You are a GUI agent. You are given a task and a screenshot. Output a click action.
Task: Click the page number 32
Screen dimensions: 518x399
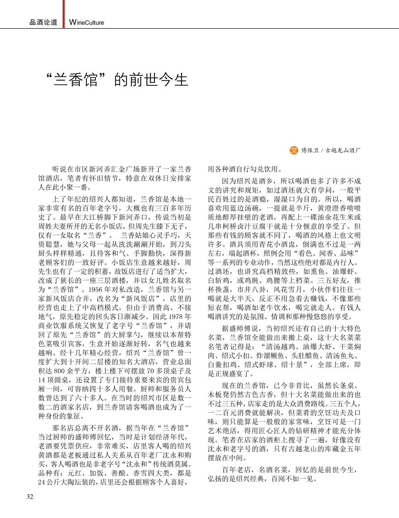click(30, 496)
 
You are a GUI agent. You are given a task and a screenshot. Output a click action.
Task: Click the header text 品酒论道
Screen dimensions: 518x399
click(43, 22)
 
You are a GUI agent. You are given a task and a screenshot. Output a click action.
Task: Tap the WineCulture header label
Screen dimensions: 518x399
click(87, 22)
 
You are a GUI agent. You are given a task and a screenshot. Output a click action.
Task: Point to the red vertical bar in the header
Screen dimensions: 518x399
click(63, 14)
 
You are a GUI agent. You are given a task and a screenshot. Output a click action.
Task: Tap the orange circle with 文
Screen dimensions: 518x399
click(294, 150)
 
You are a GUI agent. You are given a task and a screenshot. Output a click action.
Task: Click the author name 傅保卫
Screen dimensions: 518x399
click(310, 151)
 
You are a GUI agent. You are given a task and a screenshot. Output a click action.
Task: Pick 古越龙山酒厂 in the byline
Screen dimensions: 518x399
click(343, 151)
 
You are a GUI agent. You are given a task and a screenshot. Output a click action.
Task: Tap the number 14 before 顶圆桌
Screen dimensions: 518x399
click(42, 380)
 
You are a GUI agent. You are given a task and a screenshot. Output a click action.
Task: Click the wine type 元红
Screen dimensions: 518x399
click(75, 473)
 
